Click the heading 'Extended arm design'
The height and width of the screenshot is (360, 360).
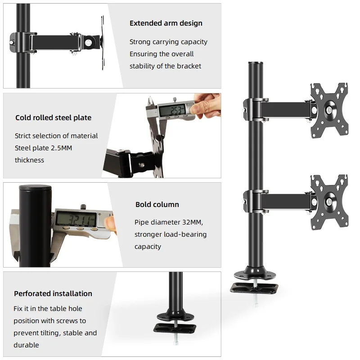(166, 23)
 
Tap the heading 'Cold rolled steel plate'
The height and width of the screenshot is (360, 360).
(53, 117)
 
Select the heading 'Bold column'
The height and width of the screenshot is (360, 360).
(157, 204)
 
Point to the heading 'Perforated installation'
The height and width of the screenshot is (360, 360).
(53, 293)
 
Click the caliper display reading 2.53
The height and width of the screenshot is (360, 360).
(172, 110)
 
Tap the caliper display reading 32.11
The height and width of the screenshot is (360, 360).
(76, 219)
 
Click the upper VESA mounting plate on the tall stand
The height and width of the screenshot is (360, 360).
(329, 111)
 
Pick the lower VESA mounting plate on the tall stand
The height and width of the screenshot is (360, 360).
(329, 202)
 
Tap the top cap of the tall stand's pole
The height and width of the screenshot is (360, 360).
(255, 63)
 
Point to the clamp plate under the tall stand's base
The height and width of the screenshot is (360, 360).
(254, 288)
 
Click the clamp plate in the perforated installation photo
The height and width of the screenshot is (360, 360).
(175, 328)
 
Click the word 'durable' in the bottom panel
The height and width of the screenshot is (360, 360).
(26, 345)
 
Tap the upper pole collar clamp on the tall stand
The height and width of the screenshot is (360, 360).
(255, 109)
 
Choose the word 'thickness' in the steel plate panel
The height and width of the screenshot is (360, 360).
(29, 160)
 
